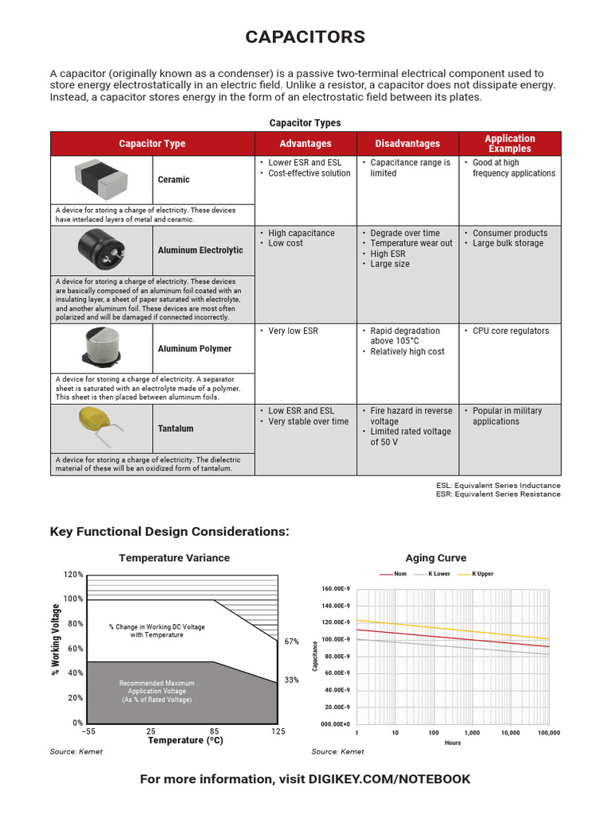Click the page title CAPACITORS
pos(305,37)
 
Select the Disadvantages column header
pos(407,144)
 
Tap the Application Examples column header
pos(510,144)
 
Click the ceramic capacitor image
pos(102,179)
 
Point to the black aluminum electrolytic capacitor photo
pos(102,249)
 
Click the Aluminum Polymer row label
pos(195,349)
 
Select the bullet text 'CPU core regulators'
pos(511,331)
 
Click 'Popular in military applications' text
pos(507,417)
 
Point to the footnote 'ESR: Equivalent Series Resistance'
pos(508,494)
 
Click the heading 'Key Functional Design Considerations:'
pos(169,531)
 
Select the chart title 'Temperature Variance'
pos(174,558)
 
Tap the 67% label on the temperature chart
pos(291,642)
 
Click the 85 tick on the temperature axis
pos(215,731)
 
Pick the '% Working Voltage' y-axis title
pos(56,641)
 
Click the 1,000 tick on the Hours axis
pos(472,733)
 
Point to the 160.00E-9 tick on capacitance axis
pos(335,589)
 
